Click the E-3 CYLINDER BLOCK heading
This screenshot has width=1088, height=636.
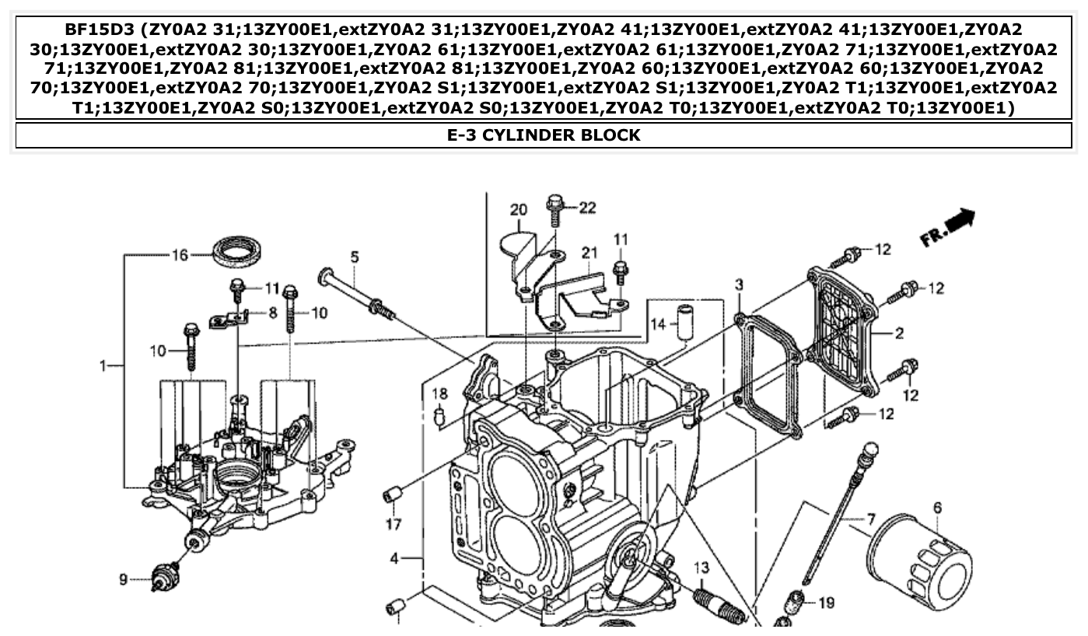click(x=544, y=135)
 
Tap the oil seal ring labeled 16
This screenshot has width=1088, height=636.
click(x=237, y=250)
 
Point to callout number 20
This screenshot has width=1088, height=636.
click(x=519, y=210)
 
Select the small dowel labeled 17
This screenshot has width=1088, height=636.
click(x=392, y=494)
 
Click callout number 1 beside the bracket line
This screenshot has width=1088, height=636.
click(x=103, y=365)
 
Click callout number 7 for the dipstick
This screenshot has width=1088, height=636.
click(x=871, y=517)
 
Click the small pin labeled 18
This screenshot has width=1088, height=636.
click(x=439, y=418)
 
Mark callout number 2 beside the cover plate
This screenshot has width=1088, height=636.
click(x=899, y=334)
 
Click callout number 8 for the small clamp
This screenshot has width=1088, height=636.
click(x=273, y=313)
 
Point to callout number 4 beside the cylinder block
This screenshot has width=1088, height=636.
click(x=395, y=557)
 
